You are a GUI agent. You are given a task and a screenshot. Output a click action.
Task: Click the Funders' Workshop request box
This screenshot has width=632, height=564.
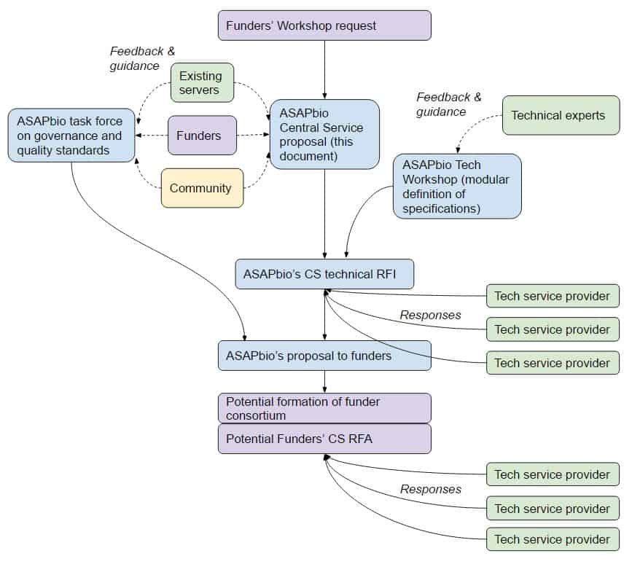[x=324, y=26]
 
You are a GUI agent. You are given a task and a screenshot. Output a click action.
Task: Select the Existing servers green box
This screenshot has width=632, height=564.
[x=202, y=82]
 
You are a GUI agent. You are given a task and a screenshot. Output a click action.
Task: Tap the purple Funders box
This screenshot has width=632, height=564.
[x=202, y=136]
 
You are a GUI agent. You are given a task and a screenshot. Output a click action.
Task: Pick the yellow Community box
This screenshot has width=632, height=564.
[x=202, y=188]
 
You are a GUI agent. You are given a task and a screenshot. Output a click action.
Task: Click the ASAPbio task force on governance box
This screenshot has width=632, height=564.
[x=71, y=135]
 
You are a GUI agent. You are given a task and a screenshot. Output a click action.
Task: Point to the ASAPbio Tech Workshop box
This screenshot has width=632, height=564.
[x=457, y=186]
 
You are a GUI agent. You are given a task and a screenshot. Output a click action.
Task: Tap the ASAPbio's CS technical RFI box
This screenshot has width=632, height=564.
[x=324, y=274]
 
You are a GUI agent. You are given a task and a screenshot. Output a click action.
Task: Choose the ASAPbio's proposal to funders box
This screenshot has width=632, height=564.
[x=324, y=356]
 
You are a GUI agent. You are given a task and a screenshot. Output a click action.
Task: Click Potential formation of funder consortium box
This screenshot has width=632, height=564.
[x=324, y=408]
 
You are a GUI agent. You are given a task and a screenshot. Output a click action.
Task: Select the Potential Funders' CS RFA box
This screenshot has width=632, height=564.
[x=324, y=439]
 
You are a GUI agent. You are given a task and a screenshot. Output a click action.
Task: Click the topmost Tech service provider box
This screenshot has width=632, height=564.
[x=553, y=296]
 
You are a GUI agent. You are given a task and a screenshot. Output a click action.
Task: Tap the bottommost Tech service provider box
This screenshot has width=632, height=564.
[x=553, y=539]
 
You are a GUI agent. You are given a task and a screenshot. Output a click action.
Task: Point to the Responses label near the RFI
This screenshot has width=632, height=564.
[x=430, y=315]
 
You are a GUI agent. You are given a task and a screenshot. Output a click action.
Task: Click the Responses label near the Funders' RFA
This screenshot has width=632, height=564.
[x=430, y=489]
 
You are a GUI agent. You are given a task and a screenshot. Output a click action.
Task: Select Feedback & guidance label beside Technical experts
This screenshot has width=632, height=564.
[x=449, y=104]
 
